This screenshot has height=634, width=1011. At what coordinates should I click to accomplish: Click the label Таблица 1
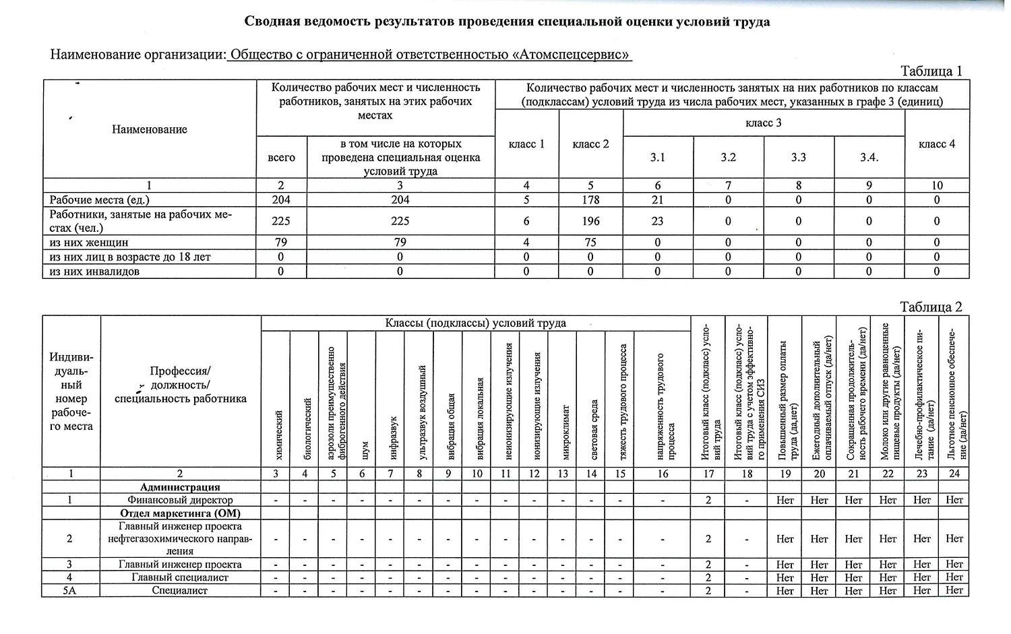coord(931,71)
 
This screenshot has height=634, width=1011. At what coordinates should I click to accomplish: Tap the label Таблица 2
coord(931,307)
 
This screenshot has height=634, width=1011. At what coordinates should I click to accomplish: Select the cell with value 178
coord(590,200)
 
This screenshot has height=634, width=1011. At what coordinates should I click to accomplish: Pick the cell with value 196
coord(590,221)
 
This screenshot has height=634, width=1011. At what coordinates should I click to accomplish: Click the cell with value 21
coord(657,200)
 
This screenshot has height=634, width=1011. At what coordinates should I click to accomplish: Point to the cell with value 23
coord(657,221)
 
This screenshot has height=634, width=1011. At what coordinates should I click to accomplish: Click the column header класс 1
coord(526,144)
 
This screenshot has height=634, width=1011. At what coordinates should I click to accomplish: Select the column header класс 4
coord(936,144)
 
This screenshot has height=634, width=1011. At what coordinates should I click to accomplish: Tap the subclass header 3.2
coord(728,158)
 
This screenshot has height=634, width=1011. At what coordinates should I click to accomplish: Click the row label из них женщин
coord(89,243)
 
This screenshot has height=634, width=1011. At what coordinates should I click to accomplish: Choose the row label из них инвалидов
coord(95,272)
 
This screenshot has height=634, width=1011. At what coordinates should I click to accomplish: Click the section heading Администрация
coord(180,487)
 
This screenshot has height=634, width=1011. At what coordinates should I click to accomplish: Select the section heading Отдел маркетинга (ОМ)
coord(180,513)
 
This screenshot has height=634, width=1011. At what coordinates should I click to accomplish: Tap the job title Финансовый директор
coord(180,501)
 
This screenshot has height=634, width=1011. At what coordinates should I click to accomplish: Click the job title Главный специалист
coord(180,577)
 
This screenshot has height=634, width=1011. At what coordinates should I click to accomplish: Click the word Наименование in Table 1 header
coord(150,129)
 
